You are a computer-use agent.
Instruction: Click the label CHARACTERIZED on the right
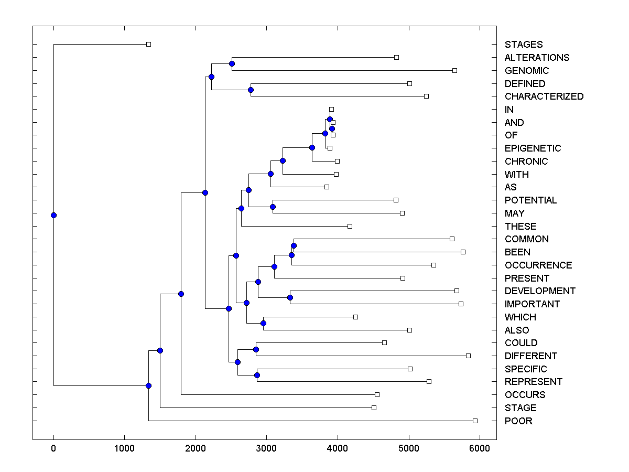pyautogui.click(x=544, y=96)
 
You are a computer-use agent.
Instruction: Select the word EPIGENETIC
pyautogui.click(x=533, y=148)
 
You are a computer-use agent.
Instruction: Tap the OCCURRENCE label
pyautogui.click(x=538, y=265)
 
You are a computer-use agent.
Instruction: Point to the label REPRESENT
pyautogui.click(x=533, y=382)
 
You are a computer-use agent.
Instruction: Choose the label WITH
pyautogui.click(x=516, y=175)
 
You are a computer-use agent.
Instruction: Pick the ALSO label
pyautogui.click(x=516, y=330)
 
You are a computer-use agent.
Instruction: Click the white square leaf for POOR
pyautogui.click(x=475, y=421)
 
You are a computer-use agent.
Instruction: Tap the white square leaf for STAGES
pyautogui.click(x=148, y=45)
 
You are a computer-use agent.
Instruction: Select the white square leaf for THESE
pyautogui.click(x=350, y=226)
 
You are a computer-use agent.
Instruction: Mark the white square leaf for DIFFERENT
pyautogui.click(x=468, y=356)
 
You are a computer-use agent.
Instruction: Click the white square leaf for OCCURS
pyautogui.click(x=377, y=394)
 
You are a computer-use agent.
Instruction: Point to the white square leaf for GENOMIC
pyautogui.click(x=454, y=70)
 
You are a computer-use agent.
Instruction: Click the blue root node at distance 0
pyautogui.click(x=53, y=215)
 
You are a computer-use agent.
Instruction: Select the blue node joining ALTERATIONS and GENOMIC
pyautogui.click(x=232, y=63)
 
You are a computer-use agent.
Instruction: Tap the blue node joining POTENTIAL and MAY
pyautogui.click(x=273, y=207)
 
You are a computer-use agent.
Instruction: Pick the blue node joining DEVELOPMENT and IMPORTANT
pyautogui.click(x=290, y=298)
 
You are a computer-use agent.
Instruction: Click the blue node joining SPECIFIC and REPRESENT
pyautogui.click(x=257, y=375)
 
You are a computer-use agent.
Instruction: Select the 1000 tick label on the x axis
pyautogui.click(x=124, y=448)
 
